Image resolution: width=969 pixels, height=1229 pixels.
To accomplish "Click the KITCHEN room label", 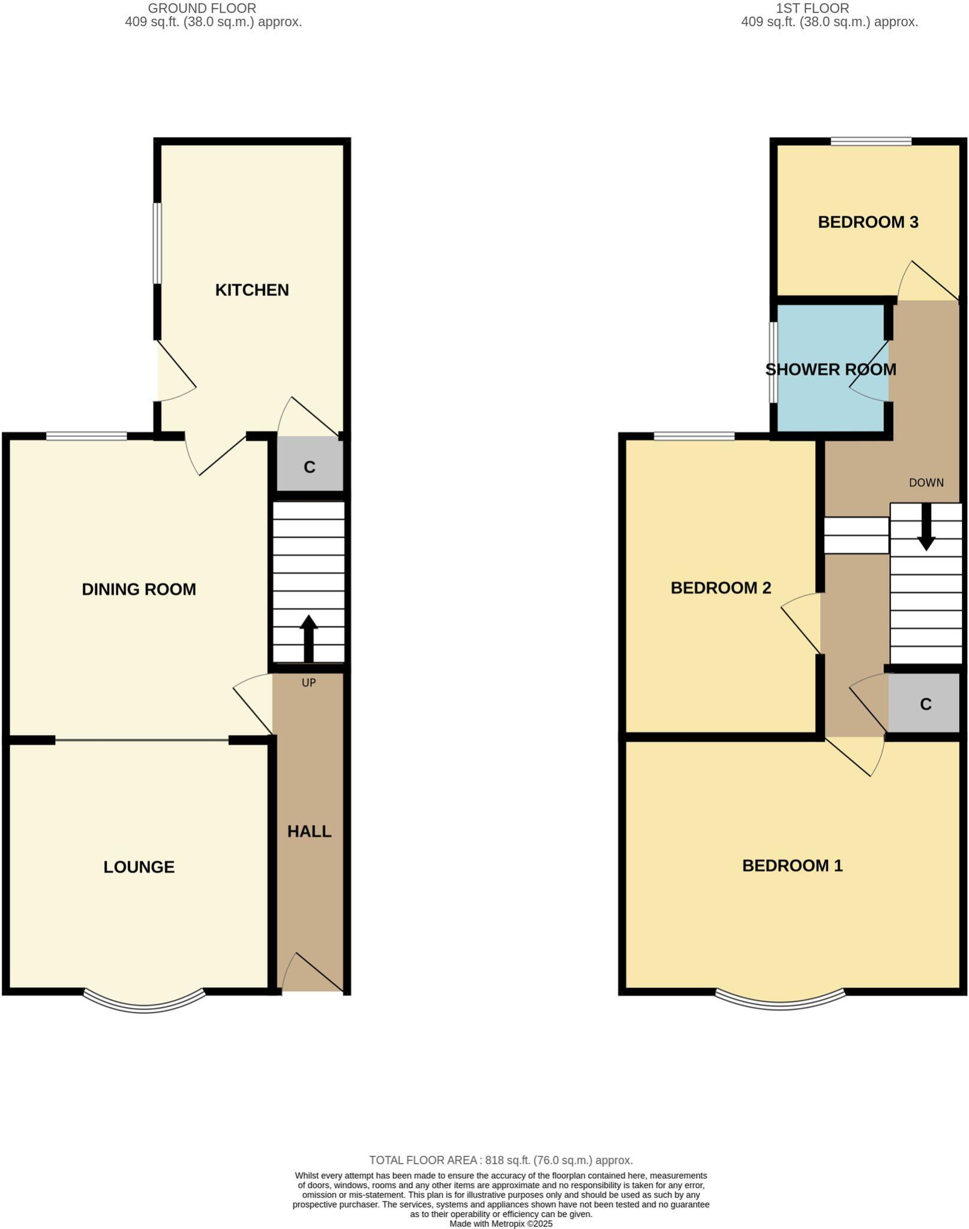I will point(252,290).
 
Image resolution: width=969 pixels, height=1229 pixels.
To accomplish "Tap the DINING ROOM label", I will point(139,589).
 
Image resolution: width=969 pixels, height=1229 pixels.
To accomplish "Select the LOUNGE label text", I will point(139,867).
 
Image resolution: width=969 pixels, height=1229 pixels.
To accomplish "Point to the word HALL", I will point(309,831).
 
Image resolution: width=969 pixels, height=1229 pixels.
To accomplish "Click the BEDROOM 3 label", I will point(868,222).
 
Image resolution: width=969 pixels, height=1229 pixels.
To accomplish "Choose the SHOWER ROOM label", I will point(830,369).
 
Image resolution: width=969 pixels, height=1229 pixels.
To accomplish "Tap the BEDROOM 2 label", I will point(721,587).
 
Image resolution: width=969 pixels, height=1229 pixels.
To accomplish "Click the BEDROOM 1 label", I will point(792,865).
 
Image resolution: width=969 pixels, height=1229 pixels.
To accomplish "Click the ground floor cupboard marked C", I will point(310,466).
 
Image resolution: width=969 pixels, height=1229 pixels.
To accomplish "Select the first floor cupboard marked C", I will point(925,704).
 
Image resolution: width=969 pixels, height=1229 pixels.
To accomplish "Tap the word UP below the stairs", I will point(308,682).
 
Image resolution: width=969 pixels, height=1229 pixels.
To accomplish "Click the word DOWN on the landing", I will point(926,482).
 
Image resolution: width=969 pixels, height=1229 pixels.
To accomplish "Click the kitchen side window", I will point(157,242).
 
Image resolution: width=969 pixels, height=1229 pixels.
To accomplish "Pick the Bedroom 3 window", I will point(871,142).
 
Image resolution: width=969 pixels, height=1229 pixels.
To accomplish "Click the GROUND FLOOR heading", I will point(202,8).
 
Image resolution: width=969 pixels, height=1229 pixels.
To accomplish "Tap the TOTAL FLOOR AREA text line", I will point(500,1160).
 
